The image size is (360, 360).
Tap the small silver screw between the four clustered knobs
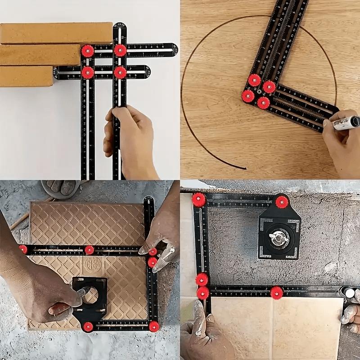pyautogui.click(x=259, y=93)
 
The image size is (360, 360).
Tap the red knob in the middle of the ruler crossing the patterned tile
pyautogui.click(x=90, y=250)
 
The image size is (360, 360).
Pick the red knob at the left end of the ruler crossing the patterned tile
pyautogui.click(x=23, y=249)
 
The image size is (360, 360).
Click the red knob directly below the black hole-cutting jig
pyautogui.click(x=88, y=326)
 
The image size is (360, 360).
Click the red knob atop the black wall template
pyautogui.click(x=282, y=202)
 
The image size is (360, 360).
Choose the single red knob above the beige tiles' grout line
pyautogui.click(x=277, y=292)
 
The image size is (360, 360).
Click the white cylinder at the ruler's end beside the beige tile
pyautogui.click(x=350, y=293)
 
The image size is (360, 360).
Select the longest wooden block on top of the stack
pyautogui.click(x=56, y=33)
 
